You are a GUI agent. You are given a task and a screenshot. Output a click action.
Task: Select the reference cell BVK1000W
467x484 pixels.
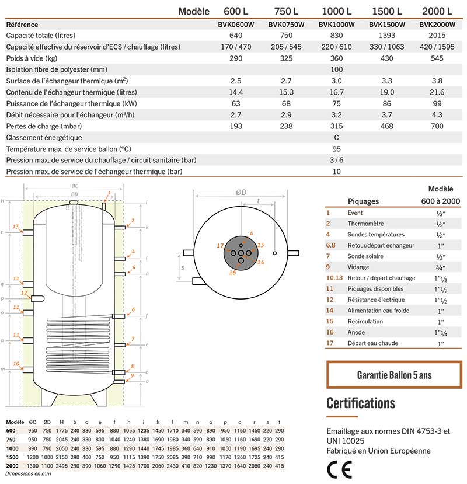coord(337,25)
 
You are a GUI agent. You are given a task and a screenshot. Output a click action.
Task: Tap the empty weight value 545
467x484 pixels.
coord(436,58)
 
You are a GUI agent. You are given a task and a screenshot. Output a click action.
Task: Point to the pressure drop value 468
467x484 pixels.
coord(386,126)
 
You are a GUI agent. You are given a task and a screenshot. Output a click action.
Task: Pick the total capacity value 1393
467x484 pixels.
coord(386,36)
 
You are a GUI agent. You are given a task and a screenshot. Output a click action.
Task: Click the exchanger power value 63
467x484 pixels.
coord(236,103)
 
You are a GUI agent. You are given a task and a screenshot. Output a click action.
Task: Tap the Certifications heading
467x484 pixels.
coord(361,403)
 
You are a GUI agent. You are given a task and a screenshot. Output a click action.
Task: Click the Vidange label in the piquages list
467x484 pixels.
coord(357,267)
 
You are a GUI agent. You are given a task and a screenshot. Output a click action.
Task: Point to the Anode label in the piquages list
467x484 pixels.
coord(356,332)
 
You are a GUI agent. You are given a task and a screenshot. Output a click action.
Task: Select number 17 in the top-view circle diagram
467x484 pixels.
coord(220,246)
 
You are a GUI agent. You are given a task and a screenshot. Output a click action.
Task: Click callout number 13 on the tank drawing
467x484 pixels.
coord(16,226)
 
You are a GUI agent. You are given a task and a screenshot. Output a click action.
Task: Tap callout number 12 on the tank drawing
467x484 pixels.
coord(24,293)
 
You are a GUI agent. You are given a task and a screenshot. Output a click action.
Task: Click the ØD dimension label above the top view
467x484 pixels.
coord(241,192)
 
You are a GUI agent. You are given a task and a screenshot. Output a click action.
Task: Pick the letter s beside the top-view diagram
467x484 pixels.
coord(183,269)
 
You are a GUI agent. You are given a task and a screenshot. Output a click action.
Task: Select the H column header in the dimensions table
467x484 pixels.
coord(61,422)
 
